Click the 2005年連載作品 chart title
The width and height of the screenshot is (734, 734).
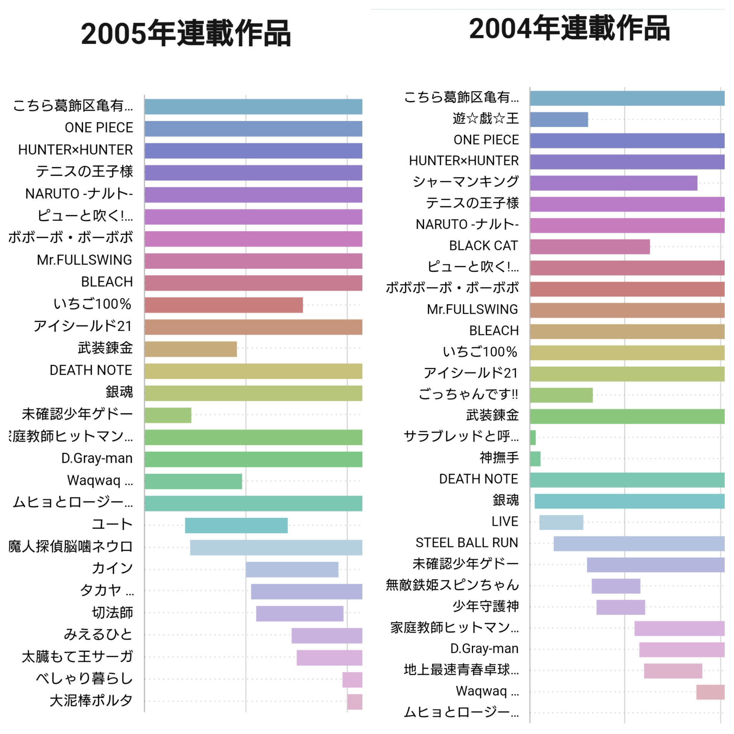(186, 34)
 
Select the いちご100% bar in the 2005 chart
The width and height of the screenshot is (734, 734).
(223, 305)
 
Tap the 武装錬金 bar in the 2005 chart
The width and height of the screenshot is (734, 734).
(190, 349)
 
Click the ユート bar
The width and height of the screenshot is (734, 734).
(236, 525)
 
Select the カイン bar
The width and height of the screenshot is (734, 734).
(292, 569)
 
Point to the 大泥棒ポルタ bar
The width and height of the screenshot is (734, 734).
(354, 702)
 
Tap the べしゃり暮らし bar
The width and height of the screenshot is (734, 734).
(352, 680)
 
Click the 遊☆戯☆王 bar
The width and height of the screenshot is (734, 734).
(559, 119)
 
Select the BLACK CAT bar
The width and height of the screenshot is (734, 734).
(590, 247)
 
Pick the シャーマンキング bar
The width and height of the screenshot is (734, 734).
(614, 183)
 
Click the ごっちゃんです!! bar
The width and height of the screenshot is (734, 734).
(561, 395)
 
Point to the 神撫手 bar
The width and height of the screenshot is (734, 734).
(535, 458)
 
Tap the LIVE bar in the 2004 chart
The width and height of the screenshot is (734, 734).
(561, 523)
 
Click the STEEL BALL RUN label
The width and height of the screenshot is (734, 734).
(467, 543)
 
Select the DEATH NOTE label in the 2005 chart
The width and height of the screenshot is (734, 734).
(91, 370)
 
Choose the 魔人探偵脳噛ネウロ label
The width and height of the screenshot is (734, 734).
(71, 546)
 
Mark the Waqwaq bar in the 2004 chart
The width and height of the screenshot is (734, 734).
(710, 692)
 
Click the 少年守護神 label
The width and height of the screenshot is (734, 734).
(485, 606)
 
